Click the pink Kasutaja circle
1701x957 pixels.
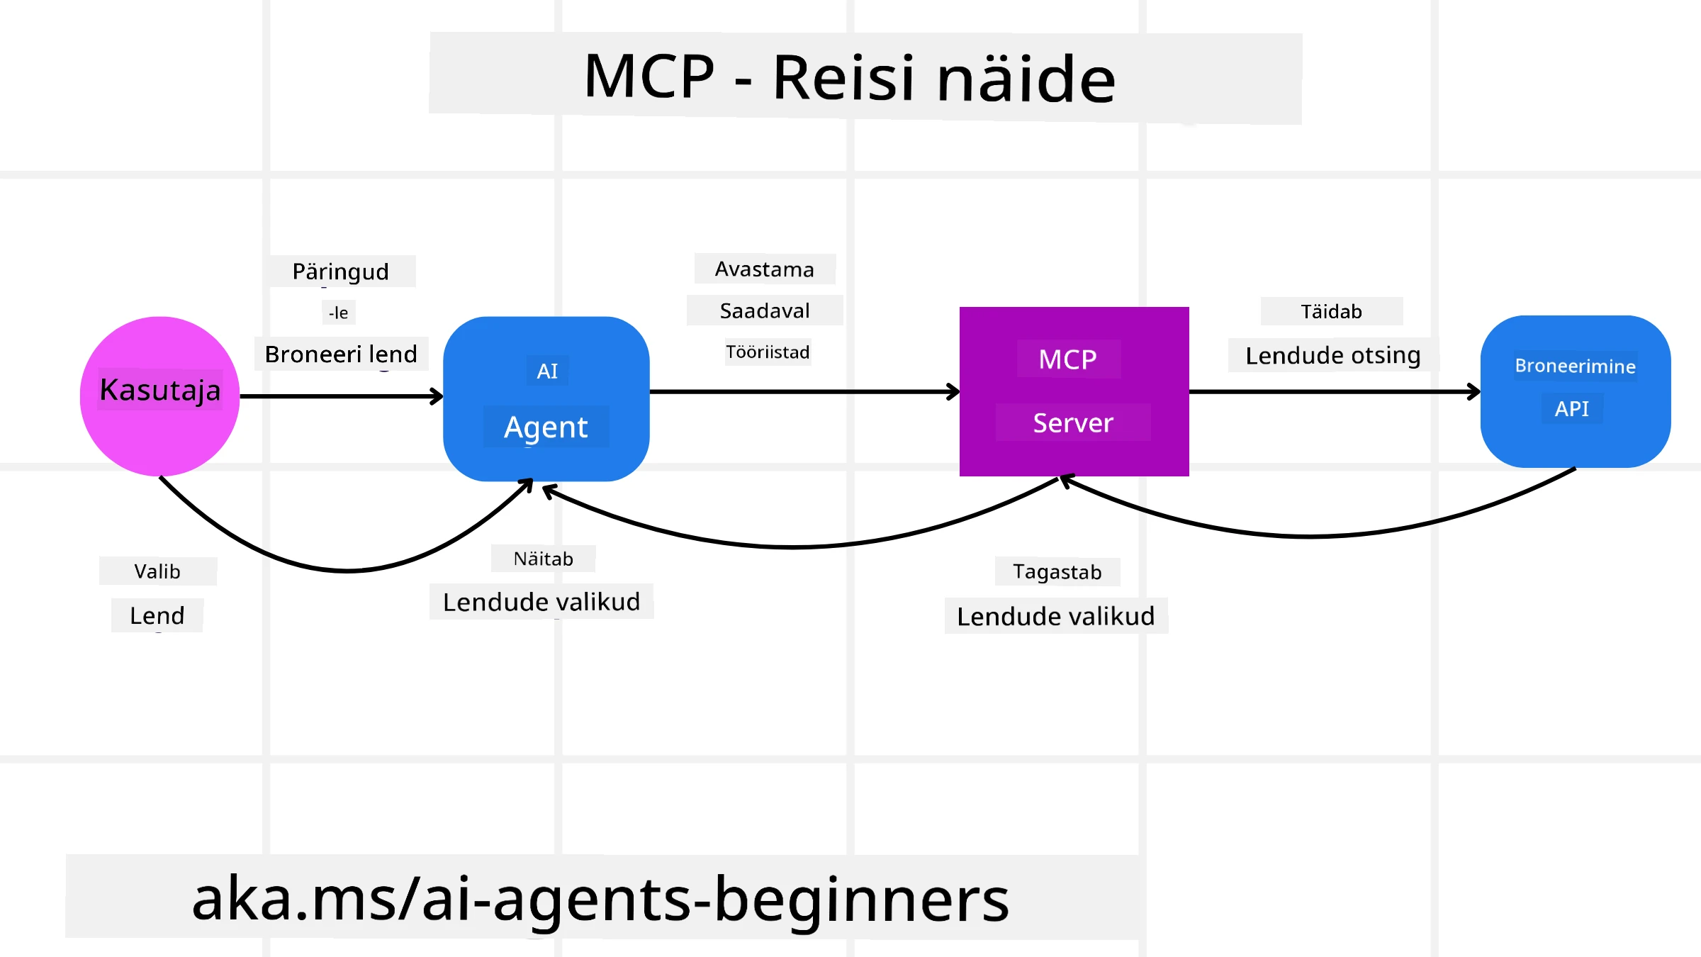(x=160, y=425)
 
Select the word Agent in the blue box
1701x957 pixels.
(x=546, y=427)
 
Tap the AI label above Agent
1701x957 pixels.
(x=547, y=371)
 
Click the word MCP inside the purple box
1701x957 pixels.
(x=1067, y=359)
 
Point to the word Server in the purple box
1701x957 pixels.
(x=1073, y=423)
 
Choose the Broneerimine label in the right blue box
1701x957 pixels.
(x=1575, y=366)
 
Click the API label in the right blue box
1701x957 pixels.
(x=1571, y=409)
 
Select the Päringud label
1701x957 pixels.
(x=341, y=272)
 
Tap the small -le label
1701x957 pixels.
(x=339, y=313)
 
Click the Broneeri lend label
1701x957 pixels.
(x=341, y=354)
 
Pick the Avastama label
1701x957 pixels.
(x=764, y=269)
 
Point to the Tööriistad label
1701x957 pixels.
(x=767, y=352)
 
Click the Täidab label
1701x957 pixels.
(x=1331, y=312)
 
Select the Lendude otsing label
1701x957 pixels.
(x=1332, y=355)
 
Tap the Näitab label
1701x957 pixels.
(x=543, y=559)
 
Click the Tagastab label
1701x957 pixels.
(x=1057, y=571)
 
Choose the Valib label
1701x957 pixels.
(x=157, y=571)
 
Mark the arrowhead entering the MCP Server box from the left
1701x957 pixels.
(x=954, y=391)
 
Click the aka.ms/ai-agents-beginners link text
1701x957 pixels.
(x=600, y=899)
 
